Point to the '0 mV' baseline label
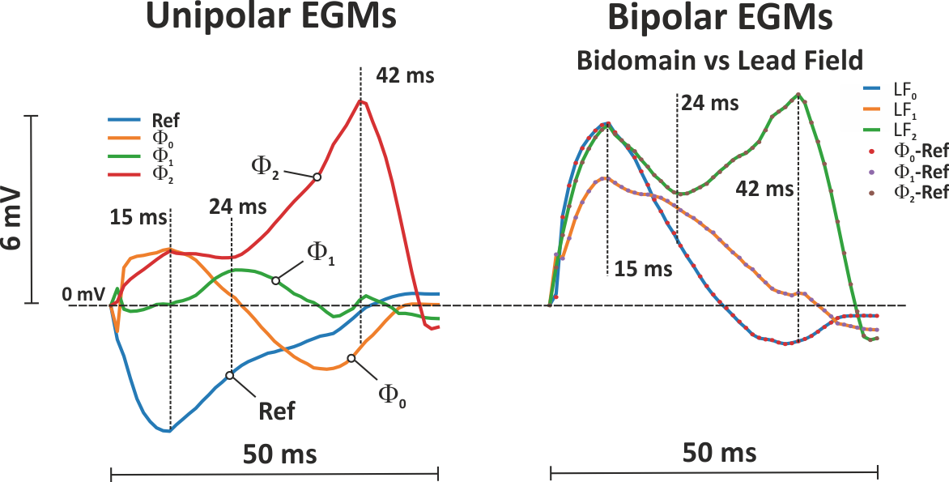click(83, 295)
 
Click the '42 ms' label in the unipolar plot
click(406, 77)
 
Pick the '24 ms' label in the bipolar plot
click(709, 104)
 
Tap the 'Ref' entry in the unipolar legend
click(166, 122)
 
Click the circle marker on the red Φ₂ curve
click(317, 177)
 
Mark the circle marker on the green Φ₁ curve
click(275, 280)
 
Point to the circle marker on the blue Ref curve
click(230, 375)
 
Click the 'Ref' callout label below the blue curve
click(277, 411)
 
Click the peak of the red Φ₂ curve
click(362, 101)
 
